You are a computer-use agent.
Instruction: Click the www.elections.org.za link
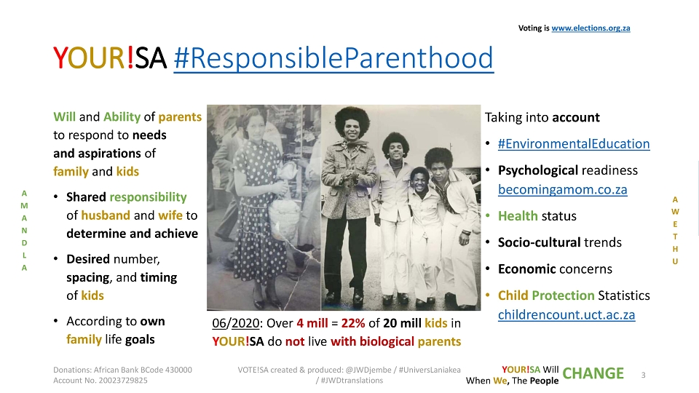591,28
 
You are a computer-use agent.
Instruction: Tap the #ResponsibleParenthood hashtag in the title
333,58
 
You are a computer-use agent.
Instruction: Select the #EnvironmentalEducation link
574,143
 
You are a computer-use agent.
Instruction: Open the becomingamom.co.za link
563,189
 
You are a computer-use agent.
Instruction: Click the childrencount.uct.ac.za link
566,314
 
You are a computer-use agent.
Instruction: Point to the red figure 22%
353,322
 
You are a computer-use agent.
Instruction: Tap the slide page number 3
643,376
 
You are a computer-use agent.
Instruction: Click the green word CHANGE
593,373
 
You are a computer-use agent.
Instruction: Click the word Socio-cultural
539,242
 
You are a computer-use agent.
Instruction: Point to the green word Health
518,216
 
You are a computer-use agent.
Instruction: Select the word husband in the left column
106,215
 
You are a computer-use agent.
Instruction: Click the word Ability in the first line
122,116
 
